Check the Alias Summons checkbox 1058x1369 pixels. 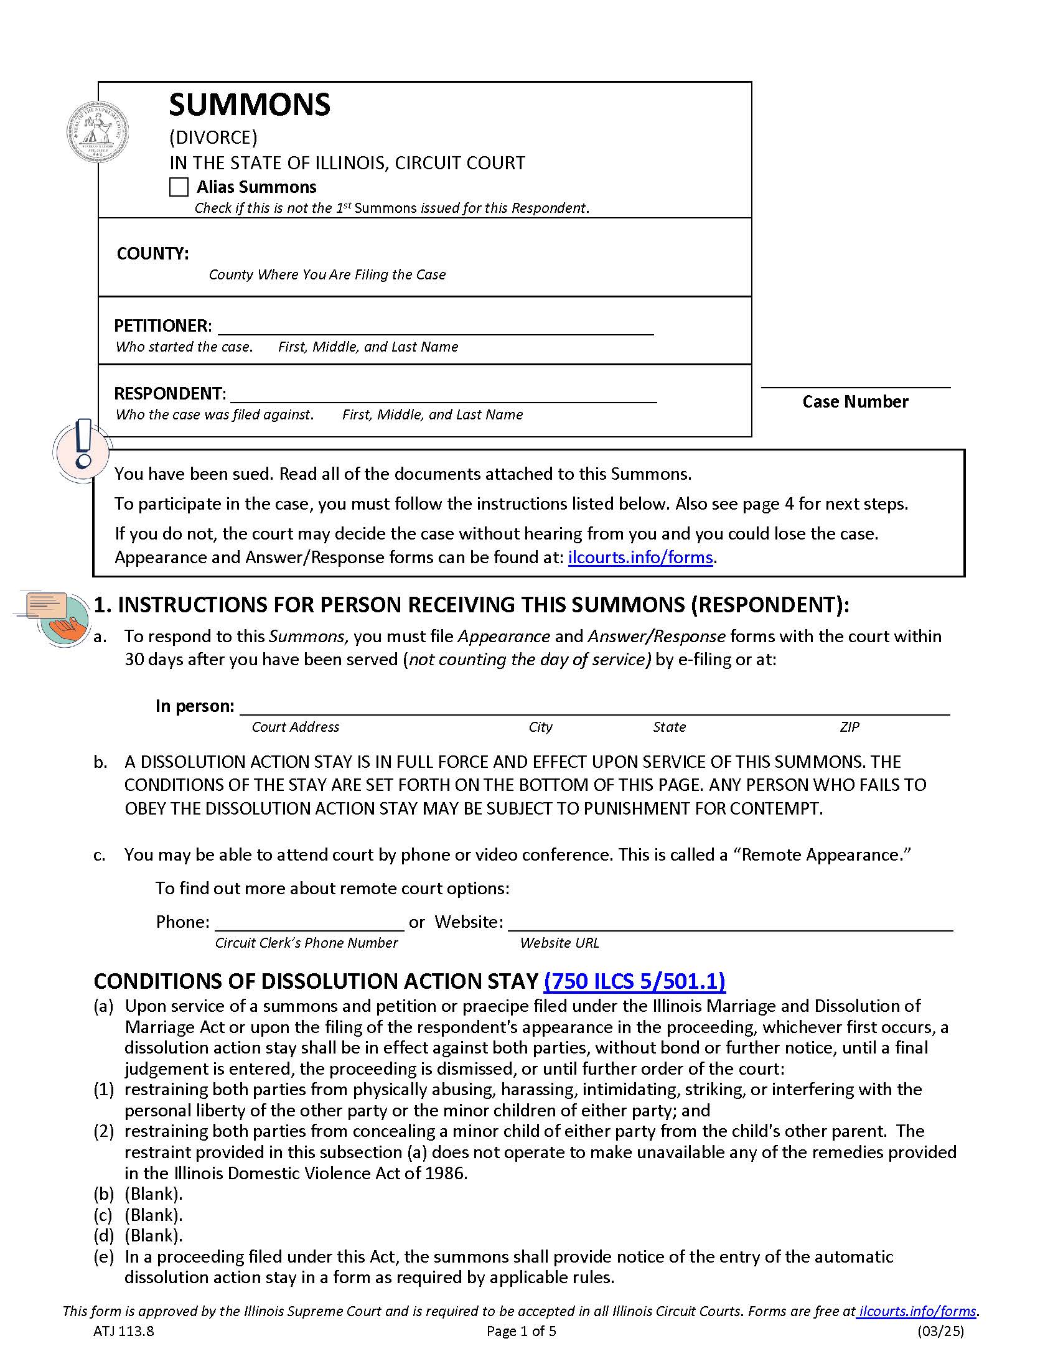tap(179, 187)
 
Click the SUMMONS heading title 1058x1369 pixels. tap(250, 105)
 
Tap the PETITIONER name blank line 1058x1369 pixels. tap(435, 328)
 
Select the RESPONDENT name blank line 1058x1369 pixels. tap(443, 396)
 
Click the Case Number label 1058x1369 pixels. tap(855, 402)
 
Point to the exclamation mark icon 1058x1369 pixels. tap(82, 450)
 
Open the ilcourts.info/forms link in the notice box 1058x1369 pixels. tap(640, 558)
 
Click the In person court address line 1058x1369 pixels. tap(594, 708)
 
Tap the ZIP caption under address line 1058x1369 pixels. tap(849, 727)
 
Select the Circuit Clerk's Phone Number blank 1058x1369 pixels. tap(310, 923)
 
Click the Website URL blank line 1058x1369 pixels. tap(729, 923)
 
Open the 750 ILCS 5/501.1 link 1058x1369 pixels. tap(634, 981)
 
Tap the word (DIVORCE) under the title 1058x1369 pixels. tap(213, 138)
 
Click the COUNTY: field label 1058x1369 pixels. tap(152, 253)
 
